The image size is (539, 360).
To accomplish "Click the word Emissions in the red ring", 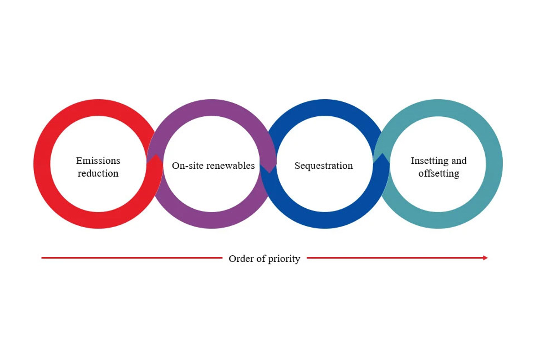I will click(x=98, y=161).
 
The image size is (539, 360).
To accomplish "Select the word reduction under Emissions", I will click(x=98, y=173).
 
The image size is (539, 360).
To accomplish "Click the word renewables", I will click(x=229, y=166).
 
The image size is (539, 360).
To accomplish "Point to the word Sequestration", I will click(x=323, y=166).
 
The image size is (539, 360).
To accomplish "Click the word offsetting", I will click(x=438, y=173).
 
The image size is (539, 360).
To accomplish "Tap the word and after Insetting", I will click(x=459, y=161).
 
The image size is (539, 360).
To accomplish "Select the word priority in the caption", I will click(x=284, y=259).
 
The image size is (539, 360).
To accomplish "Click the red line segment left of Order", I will click(x=130, y=258).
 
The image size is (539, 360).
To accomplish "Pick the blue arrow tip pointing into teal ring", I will click(x=382, y=158).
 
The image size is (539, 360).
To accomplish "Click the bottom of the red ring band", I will click(x=98, y=220).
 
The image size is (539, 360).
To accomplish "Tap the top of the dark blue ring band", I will click(x=324, y=107).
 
